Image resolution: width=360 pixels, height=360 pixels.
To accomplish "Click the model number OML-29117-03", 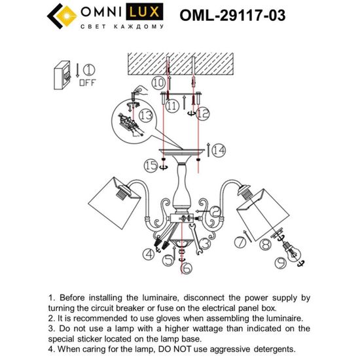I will click(242, 16).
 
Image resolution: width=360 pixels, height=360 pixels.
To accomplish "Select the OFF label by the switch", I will click(87, 84).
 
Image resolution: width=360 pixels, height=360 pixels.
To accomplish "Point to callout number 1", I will click(88, 70).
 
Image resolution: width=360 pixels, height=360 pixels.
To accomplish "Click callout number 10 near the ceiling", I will click(158, 83).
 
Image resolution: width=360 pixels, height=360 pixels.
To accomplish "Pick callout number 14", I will click(218, 151).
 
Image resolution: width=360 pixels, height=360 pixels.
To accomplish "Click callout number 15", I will click(152, 167).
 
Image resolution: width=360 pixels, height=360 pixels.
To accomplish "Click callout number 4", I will click(149, 254).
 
